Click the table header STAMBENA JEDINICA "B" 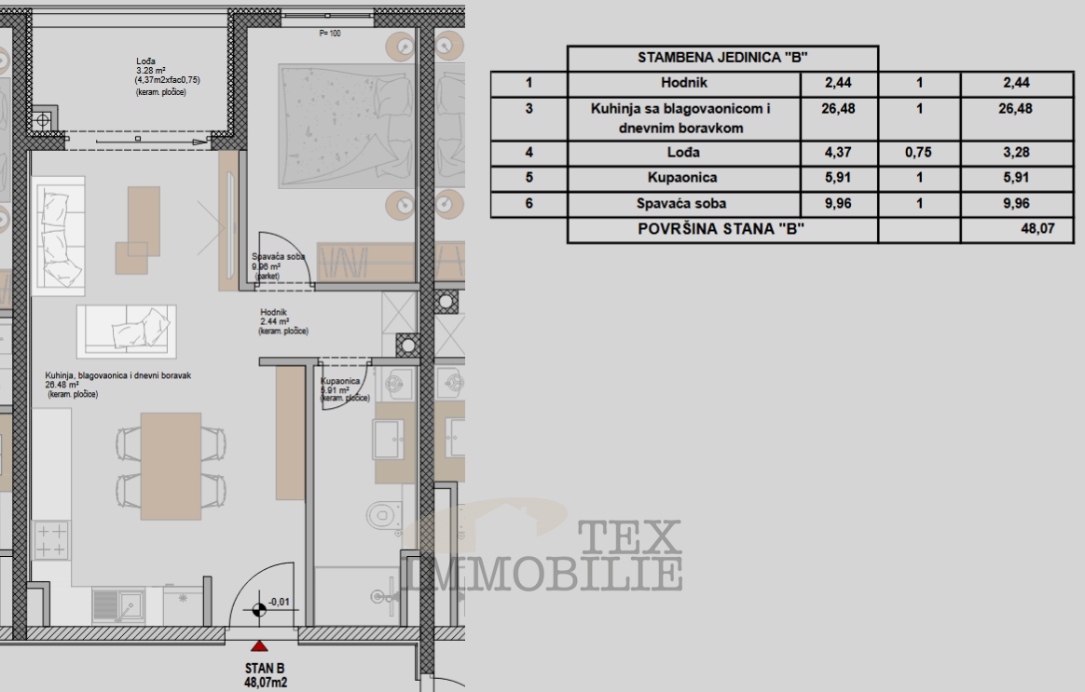coord(722,58)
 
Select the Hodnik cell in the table coord(683,83)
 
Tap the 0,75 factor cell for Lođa coord(919,153)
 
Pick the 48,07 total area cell coord(1017,229)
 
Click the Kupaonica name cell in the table coord(682,178)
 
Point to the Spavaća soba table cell coord(682,203)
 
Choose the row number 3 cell coord(529,118)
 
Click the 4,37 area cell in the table coord(839,153)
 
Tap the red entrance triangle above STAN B coord(259,645)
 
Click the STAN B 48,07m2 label coord(265,675)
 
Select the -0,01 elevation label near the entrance coord(279,603)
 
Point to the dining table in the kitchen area coord(171,466)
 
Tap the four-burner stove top coord(51,540)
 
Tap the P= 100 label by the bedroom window coord(330,34)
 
